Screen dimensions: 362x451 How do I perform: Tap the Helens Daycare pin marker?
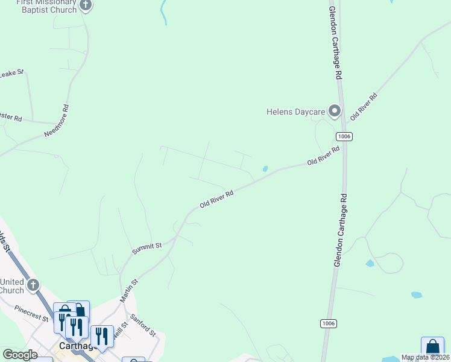[x=334, y=111]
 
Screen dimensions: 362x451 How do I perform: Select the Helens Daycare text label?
[x=296, y=112]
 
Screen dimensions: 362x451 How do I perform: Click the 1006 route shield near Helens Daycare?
[x=344, y=136]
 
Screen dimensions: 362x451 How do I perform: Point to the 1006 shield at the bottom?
[x=328, y=323]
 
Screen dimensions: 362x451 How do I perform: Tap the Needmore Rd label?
[x=57, y=121]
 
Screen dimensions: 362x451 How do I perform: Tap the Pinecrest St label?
[x=31, y=311]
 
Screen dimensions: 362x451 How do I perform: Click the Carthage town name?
[x=78, y=346]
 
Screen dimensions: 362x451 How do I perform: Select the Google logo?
[x=20, y=355]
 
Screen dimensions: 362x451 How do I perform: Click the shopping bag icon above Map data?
[x=432, y=347]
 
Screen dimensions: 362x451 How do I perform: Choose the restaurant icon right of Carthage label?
[x=102, y=335]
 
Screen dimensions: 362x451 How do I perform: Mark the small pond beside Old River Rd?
[x=265, y=169]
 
